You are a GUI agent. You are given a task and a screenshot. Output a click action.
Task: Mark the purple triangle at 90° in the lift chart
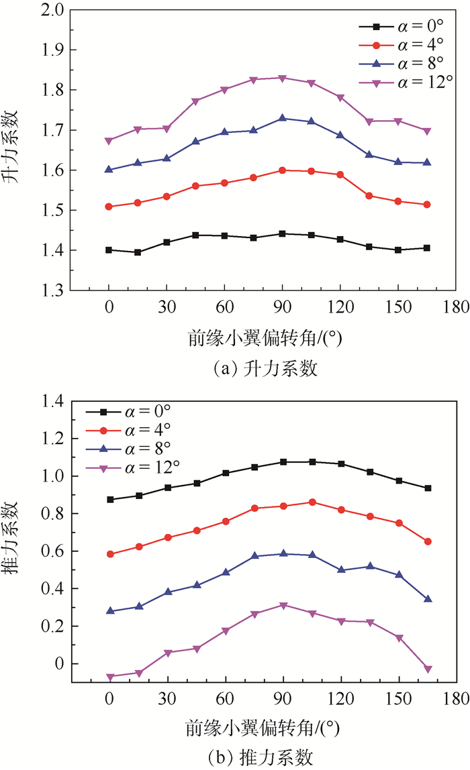point(283,78)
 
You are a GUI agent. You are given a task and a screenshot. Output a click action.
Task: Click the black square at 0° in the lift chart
point(109,250)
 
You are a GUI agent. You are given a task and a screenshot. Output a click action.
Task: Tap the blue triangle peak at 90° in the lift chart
point(283,118)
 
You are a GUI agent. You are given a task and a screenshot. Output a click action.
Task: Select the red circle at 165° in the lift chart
point(428,205)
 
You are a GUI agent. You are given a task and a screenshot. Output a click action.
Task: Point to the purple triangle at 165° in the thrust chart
point(428,669)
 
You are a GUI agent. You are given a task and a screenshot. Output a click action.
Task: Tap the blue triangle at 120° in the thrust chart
point(341,570)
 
